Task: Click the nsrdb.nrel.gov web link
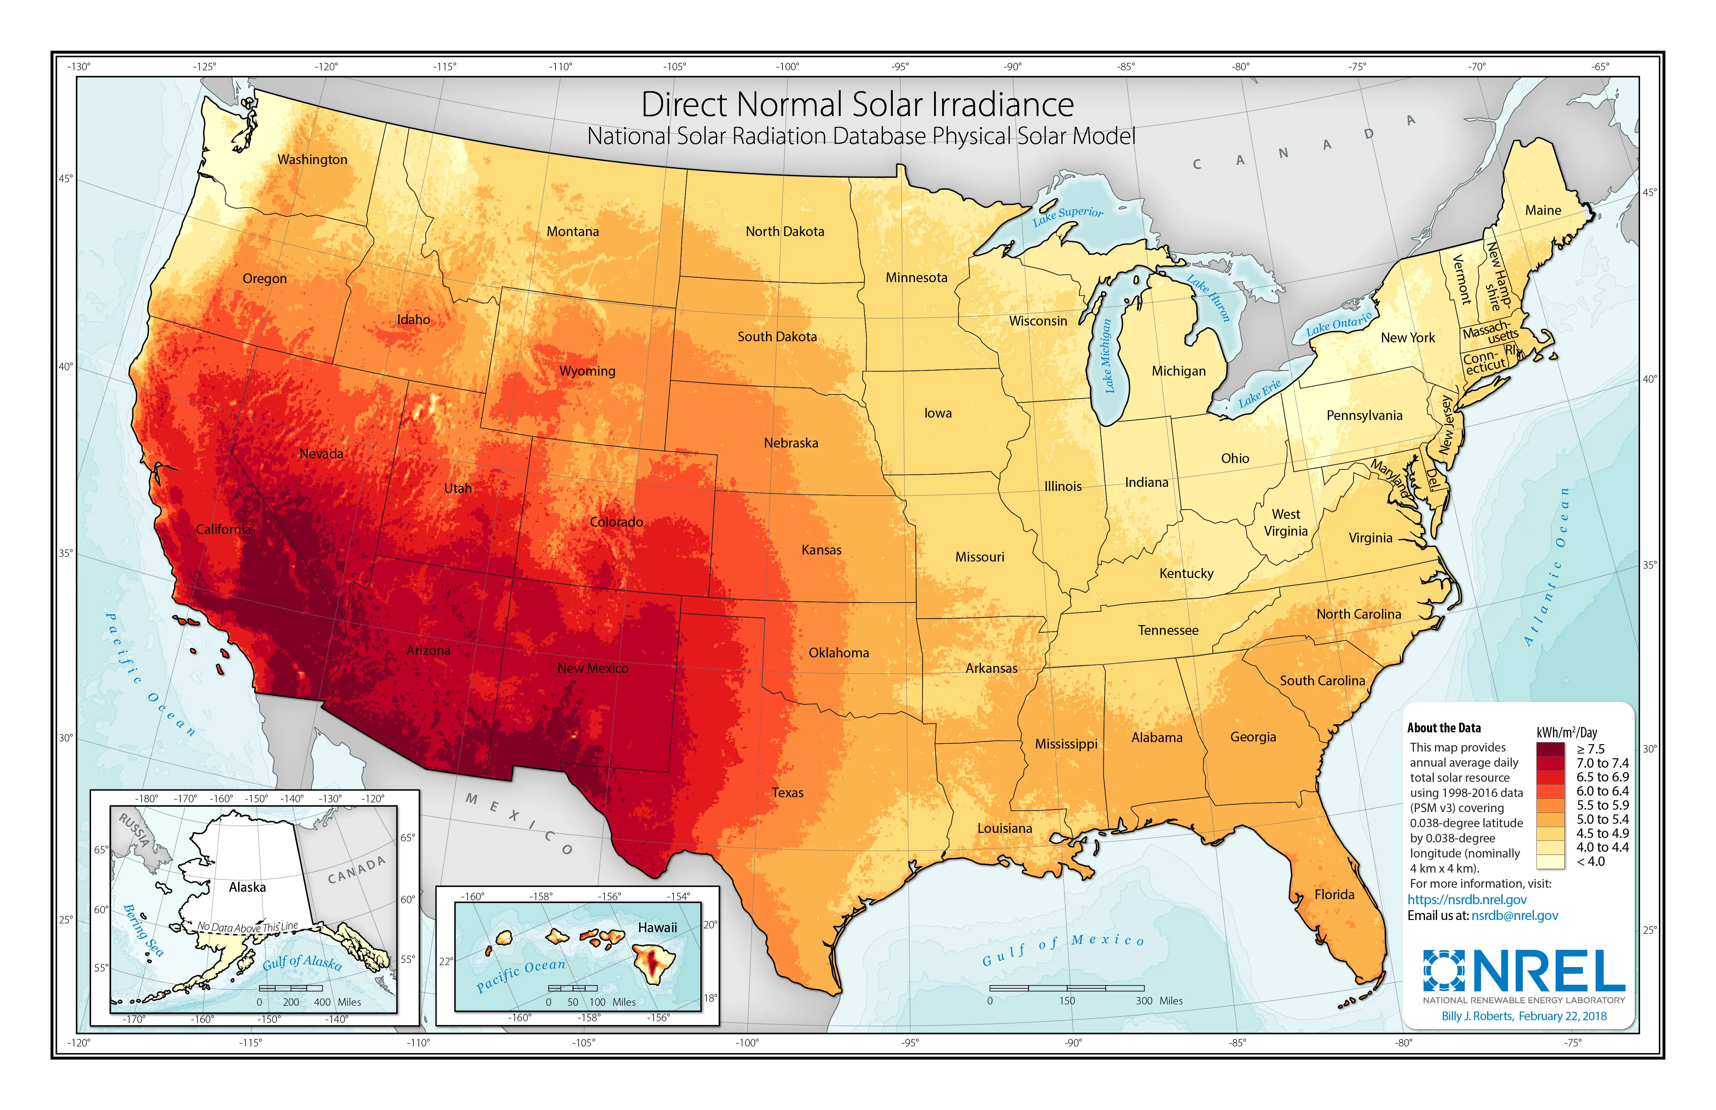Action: click(x=1466, y=900)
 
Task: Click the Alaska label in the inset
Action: click(x=247, y=887)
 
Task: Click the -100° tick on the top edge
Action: click(x=787, y=67)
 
